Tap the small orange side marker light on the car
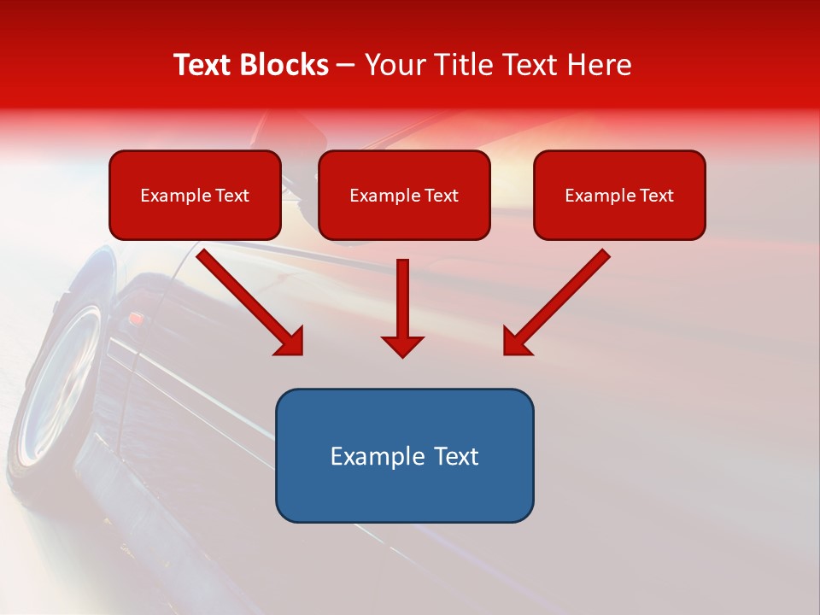point(135,318)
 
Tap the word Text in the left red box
point(232,196)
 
